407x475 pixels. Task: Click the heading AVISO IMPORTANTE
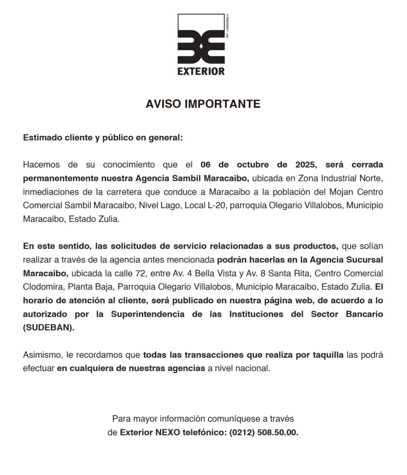point(203,104)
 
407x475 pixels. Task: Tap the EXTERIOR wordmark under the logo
point(201,72)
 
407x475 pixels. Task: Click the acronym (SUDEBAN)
point(48,327)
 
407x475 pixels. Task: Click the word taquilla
point(327,355)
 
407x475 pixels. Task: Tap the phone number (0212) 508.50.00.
point(264,432)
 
